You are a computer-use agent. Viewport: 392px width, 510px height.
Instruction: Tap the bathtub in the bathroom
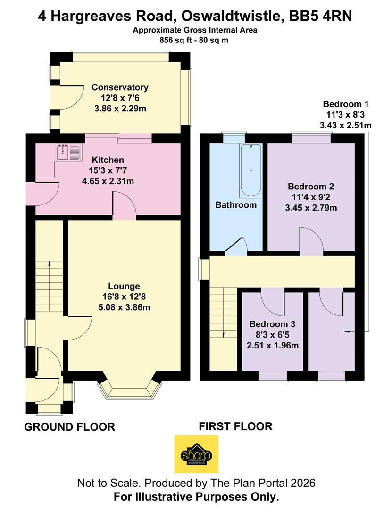[250, 170]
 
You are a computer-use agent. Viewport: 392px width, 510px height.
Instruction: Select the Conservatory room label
[120, 87]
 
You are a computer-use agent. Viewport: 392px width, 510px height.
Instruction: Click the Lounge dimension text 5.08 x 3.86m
[124, 307]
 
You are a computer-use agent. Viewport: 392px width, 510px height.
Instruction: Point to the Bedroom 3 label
[272, 324]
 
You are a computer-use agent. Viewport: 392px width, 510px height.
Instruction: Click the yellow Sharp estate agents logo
[196, 454]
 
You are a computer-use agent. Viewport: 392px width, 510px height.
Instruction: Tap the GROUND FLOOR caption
[69, 427]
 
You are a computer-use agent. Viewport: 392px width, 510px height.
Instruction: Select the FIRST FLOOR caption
[235, 426]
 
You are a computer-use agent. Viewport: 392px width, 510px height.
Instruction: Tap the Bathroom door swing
[237, 247]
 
